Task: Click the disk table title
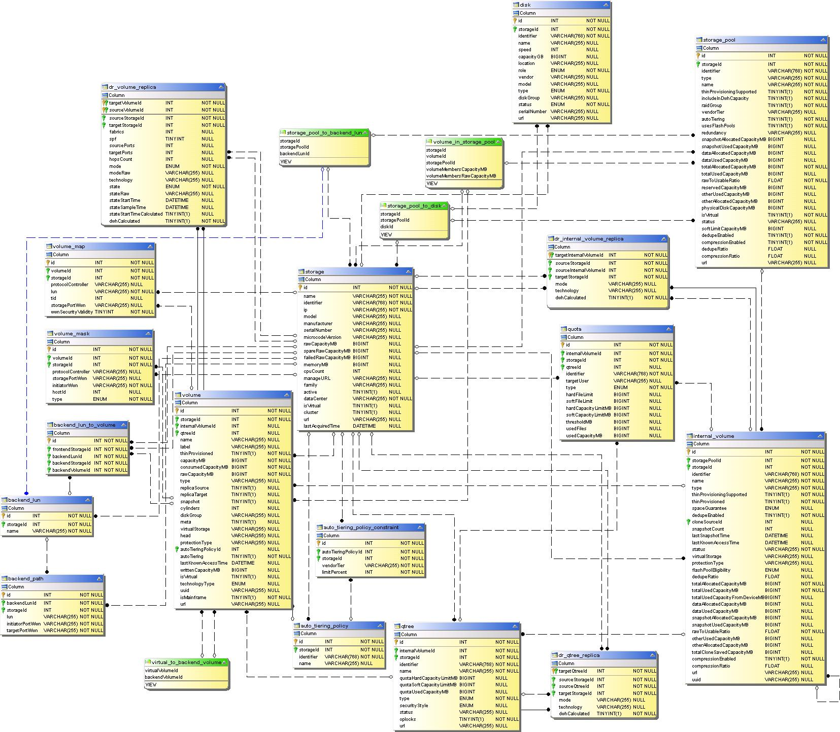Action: pos(525,5)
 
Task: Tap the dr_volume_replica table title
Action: pos(132,87)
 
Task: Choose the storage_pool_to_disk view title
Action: pos(414,206)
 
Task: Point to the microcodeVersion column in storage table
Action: pos(323,337)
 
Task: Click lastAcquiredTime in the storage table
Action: pos(322,426)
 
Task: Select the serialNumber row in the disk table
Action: pos(532,112)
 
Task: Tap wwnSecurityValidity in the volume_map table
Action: pos(72,312)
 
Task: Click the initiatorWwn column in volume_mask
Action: pos(65,386)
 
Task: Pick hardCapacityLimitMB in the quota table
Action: pos(588,408)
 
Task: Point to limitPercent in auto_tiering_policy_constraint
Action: pos(334,572)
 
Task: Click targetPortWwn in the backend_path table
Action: pos(22,631)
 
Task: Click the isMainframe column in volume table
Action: pos(193,598)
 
